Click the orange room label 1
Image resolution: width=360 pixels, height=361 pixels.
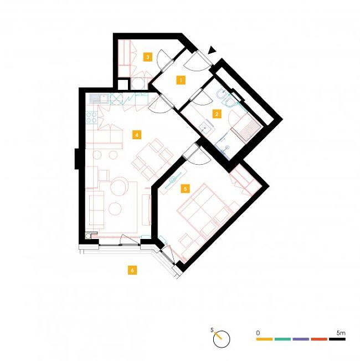(x=181, y=80)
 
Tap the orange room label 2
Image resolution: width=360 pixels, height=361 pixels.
(x=217, y=114)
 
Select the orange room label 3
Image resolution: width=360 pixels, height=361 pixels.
(x=147, y=57)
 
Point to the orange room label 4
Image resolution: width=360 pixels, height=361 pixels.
(x=137, y=135)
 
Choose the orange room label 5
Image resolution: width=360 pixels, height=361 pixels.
(x=186, y=189)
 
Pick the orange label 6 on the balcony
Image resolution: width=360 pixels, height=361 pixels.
(x=132, y=270)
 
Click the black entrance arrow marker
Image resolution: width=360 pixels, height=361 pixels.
(x=212, y=50)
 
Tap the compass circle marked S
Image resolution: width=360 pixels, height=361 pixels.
(x=222, y=339)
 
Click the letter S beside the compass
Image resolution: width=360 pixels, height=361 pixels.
(x=212, y=330)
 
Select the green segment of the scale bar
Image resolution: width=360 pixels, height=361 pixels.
(x=282, y=339)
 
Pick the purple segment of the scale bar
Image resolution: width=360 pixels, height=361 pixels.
(x=301, y=339)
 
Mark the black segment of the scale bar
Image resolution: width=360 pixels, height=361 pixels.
(x=337, y=339)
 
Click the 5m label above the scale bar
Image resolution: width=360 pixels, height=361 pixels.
(x=341, y=333)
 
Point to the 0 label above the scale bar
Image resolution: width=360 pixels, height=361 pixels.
(x=258, y=333)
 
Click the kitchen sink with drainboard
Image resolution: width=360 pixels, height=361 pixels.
(x=99, y=99)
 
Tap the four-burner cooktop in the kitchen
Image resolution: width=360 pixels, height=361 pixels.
(x=91, y=118)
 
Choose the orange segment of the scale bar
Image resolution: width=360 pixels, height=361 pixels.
(x=264, y=339)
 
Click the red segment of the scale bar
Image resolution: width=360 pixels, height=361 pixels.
(x=319, y=339)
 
